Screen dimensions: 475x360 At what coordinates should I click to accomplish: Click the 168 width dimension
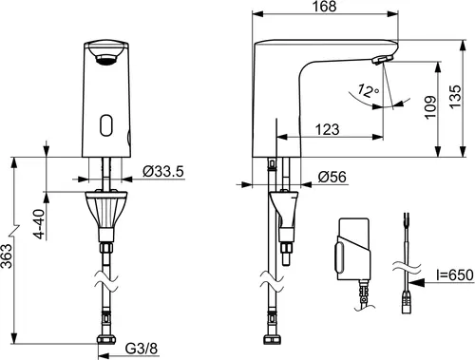324,7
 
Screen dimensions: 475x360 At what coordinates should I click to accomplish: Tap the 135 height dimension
455,97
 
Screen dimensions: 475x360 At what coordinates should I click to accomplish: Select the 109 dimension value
430,107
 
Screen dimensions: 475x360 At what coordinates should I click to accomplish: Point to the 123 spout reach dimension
327,129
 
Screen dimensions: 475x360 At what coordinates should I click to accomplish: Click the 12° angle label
368,90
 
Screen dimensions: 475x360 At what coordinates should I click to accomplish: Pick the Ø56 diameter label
332,177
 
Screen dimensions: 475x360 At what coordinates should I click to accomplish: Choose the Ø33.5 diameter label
163,171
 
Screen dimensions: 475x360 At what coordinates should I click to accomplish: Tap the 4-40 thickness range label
40,224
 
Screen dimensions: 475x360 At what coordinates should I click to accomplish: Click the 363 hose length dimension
6,256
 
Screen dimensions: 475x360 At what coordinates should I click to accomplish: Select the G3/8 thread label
142,349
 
